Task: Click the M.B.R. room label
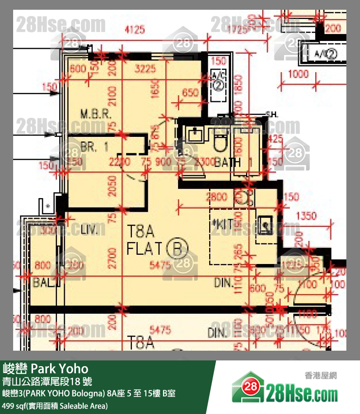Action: [x=96, y=115]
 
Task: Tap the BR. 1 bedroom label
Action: [x=95, y=148]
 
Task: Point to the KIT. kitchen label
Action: [x=223, y=225]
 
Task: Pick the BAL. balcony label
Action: [x=42, y=282]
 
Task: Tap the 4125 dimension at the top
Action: [x=135, y=30]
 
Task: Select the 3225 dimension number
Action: [x=145, y=69]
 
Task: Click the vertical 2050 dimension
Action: [x=112, y=186]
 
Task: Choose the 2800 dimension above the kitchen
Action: [x=216, y=197]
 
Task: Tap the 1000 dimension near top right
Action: [x=298, y=74]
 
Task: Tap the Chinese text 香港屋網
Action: [x=321, y=375]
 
